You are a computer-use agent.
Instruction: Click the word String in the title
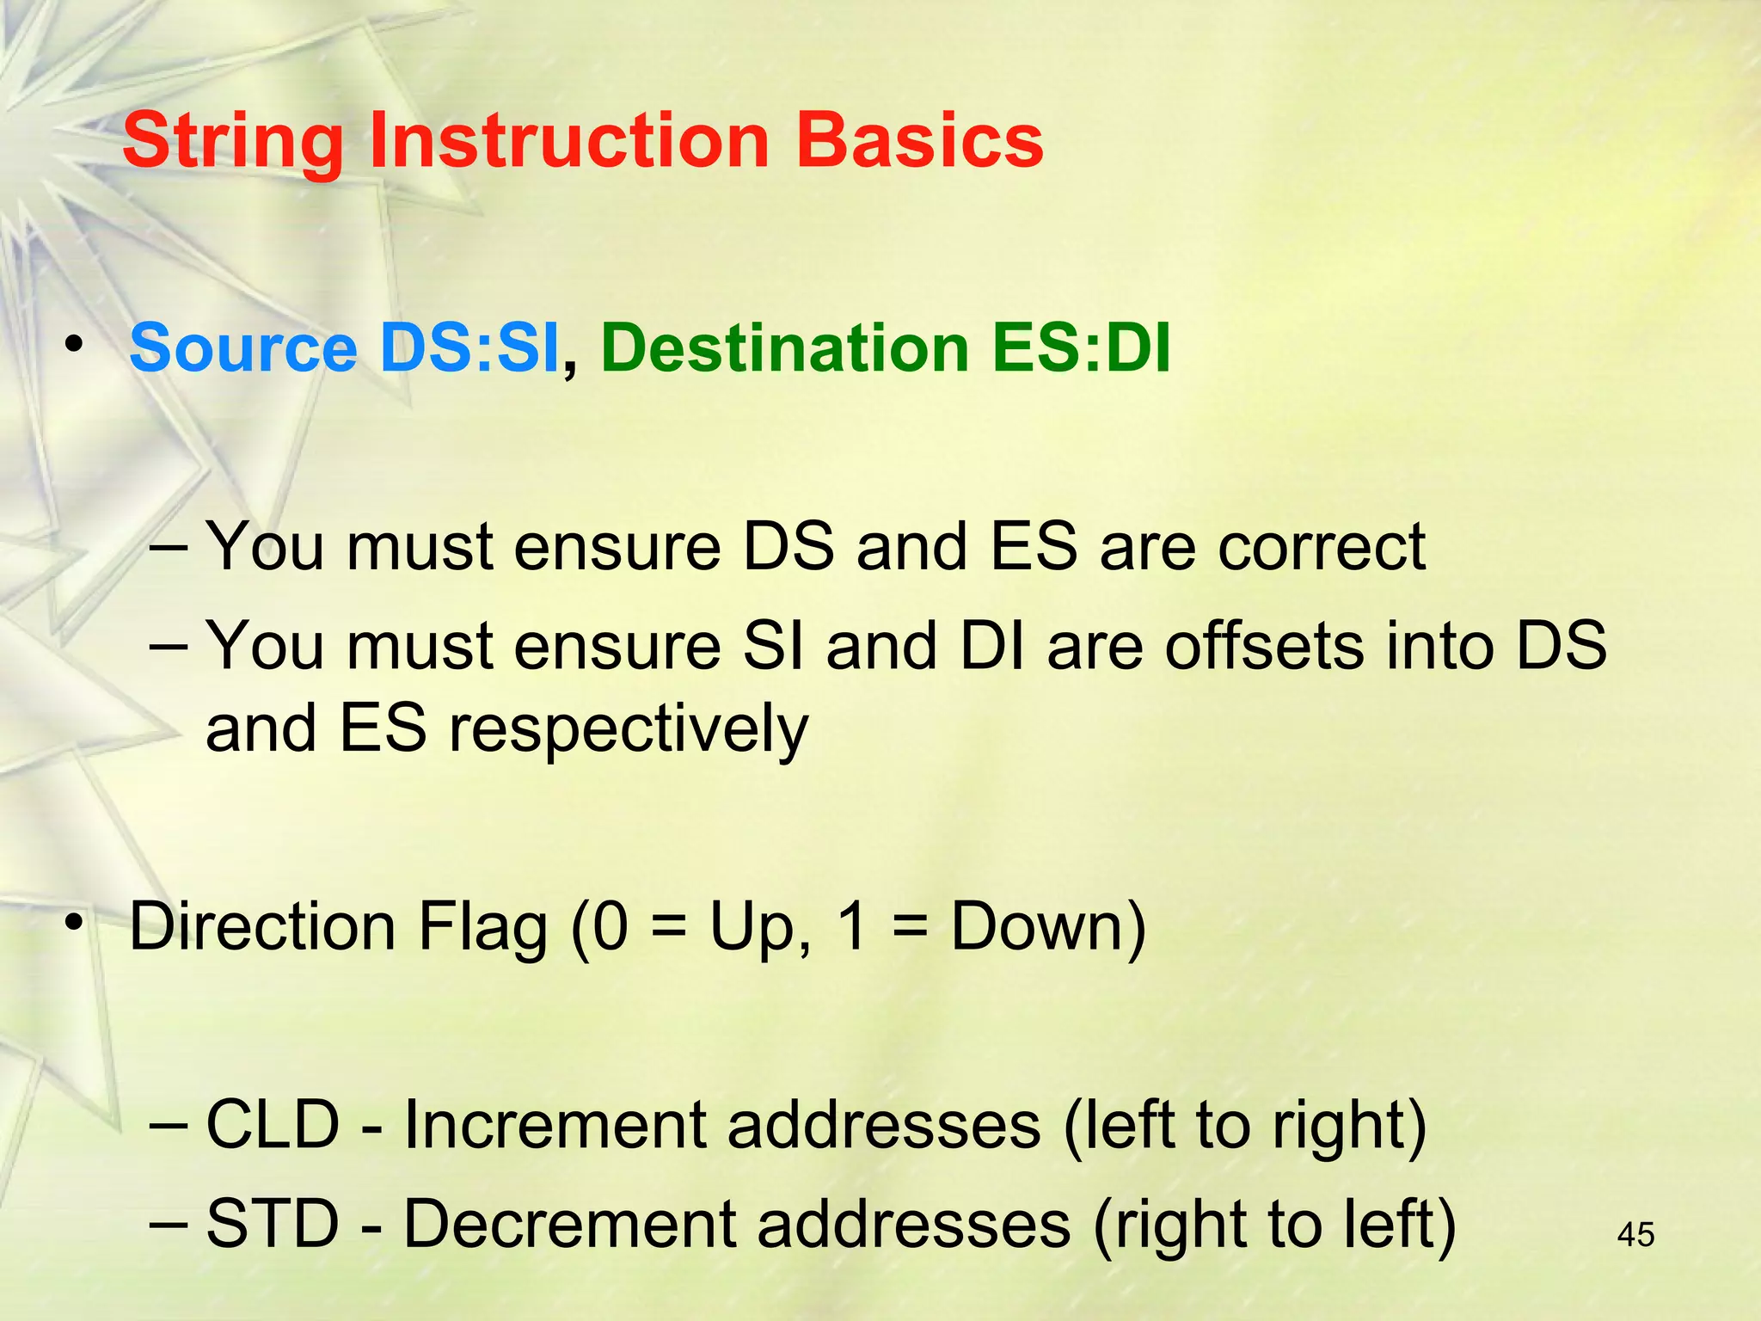click(233, 142)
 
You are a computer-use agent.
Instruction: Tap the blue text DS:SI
click(469, 349)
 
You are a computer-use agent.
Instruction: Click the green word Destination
click(784, 349)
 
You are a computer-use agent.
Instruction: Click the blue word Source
click(242, 349)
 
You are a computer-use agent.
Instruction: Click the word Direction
click(261, 927)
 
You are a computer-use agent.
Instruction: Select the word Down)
click(1048, 927)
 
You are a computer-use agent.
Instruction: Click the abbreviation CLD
click(273, 1125)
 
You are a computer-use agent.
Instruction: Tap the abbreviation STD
click(273, 1224)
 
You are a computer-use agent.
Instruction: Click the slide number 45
click(1635, 1235)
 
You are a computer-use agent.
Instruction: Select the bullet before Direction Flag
click(75, 923)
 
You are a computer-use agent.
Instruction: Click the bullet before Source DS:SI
click(75, 345)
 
